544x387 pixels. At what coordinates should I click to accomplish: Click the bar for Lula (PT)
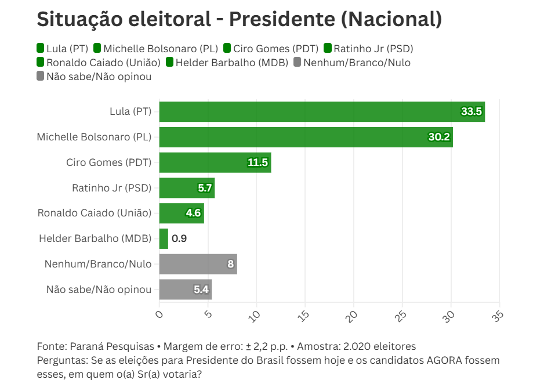tap(322, 111)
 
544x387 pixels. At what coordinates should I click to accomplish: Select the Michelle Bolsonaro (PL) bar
tap(306, 137)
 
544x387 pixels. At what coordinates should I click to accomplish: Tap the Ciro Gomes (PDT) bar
tap(215, 162)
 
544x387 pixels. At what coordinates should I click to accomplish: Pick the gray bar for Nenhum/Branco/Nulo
tap(198, 264)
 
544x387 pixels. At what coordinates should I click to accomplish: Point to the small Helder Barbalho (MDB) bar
tap(164, 238)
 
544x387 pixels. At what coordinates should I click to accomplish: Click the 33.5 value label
tap(472, 111)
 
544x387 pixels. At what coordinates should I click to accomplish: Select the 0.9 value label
tap(179, 238)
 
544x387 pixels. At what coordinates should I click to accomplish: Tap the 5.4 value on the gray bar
tap(201, 290)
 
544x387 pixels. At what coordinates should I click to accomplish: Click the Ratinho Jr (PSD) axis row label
tap(111, 188)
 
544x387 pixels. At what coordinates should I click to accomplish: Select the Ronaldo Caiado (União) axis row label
tap(95, 213)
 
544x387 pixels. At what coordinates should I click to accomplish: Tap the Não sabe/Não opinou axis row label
tap(99, 290)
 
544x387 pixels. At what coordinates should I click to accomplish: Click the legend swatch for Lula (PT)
tap(41, 48)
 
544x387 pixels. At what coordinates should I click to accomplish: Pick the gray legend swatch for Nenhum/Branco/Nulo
tap(298, 62)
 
